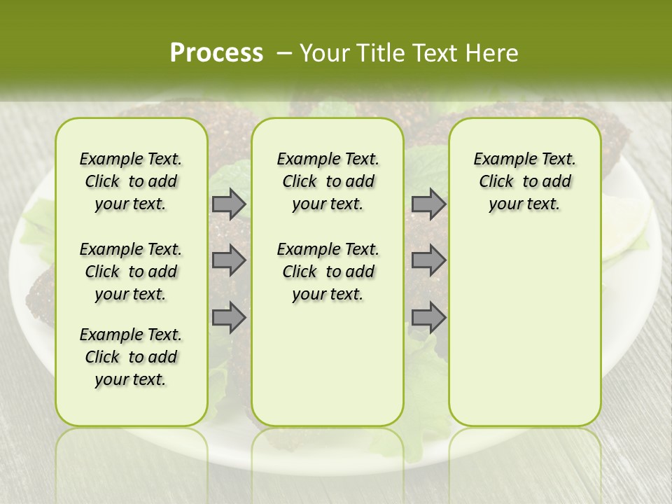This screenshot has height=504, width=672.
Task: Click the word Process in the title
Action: (x=216, y=53)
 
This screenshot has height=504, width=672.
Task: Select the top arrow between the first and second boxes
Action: (x=229, y=204)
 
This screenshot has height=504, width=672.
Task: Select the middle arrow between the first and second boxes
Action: (x=229, y=260)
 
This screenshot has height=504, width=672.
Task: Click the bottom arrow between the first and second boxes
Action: (x=229, y=318)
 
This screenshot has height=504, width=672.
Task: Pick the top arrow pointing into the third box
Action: (x=428, y=204)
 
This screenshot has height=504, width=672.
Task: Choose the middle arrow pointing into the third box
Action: (x=428, y=260)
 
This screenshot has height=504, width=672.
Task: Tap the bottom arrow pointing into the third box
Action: (x=428, y=318)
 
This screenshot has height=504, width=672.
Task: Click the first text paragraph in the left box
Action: (x=131, y=181)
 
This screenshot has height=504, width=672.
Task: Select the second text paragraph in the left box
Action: (x=131, y=272)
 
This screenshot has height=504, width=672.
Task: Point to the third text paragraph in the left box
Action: (x=131, y=357)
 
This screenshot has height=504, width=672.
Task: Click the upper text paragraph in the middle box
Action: (x=328, y=181)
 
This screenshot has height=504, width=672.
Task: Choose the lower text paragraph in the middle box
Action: (x=328, y=272)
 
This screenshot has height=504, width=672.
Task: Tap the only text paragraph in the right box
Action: (x=524, y=181)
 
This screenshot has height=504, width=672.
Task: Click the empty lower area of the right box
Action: (x=524, y=336)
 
